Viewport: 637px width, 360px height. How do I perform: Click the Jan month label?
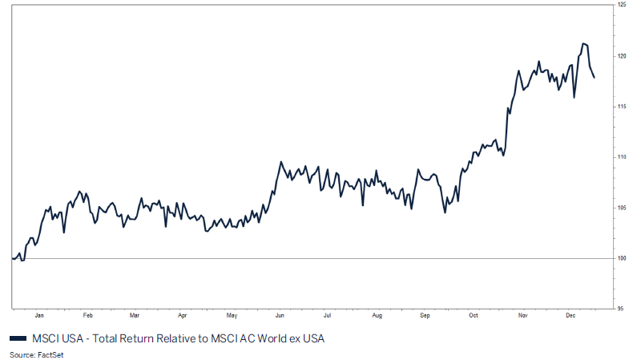coord(38,316)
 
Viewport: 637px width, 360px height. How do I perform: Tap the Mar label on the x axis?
coord(135,316)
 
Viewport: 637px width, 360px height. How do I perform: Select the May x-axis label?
coord(232,316)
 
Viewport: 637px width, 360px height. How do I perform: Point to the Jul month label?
coord(328,316)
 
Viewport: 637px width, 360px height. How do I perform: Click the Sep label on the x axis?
coord(425,316)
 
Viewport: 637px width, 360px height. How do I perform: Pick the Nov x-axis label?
coord(522,316)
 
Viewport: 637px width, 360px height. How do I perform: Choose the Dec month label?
coord(570,316)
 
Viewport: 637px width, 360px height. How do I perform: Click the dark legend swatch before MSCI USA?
coord(18,338)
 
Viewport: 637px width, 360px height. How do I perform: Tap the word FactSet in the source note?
coord(47,354)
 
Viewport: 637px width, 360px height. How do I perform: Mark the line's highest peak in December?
coord(583,43)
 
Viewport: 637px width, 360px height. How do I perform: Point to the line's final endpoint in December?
coord(594,78)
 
